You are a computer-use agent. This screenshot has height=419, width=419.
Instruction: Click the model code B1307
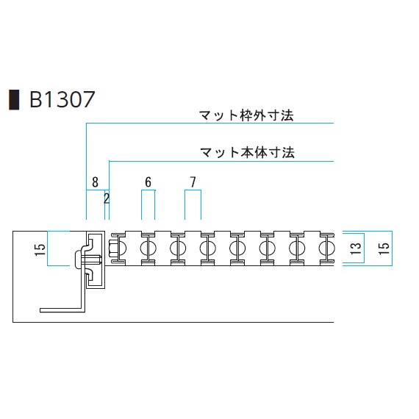(62, 99)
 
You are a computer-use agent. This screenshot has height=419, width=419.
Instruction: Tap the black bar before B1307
(14, 100)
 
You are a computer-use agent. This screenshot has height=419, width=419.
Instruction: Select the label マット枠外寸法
(246, 115)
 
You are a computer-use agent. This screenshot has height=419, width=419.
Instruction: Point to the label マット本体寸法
(247, 152)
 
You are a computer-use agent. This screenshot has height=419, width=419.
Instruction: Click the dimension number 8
(95, 182)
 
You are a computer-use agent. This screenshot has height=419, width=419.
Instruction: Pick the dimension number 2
(107, 198)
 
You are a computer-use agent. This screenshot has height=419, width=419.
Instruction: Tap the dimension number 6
(148, 182)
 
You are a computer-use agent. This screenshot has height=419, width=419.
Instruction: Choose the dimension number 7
(193, 182)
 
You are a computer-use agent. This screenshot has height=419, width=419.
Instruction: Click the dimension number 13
(356, 248)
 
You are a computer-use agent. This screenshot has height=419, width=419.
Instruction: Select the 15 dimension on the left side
(40, 250)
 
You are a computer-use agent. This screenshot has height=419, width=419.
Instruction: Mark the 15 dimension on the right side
(384, 248)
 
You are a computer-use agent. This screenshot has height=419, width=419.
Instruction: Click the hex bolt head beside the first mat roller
(112, 248)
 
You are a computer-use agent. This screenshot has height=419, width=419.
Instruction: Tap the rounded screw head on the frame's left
(77, 259)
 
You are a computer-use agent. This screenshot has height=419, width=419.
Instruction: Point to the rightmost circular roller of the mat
(326, 248)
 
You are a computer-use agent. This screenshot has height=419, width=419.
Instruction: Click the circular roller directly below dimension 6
(148, 248)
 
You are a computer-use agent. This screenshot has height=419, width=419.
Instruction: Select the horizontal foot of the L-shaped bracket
(62, 310)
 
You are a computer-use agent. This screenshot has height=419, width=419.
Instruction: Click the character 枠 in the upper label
(246, 115)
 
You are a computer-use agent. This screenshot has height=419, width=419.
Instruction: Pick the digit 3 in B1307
(62, 99)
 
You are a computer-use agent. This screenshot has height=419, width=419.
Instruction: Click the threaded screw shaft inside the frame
(91, 259)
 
